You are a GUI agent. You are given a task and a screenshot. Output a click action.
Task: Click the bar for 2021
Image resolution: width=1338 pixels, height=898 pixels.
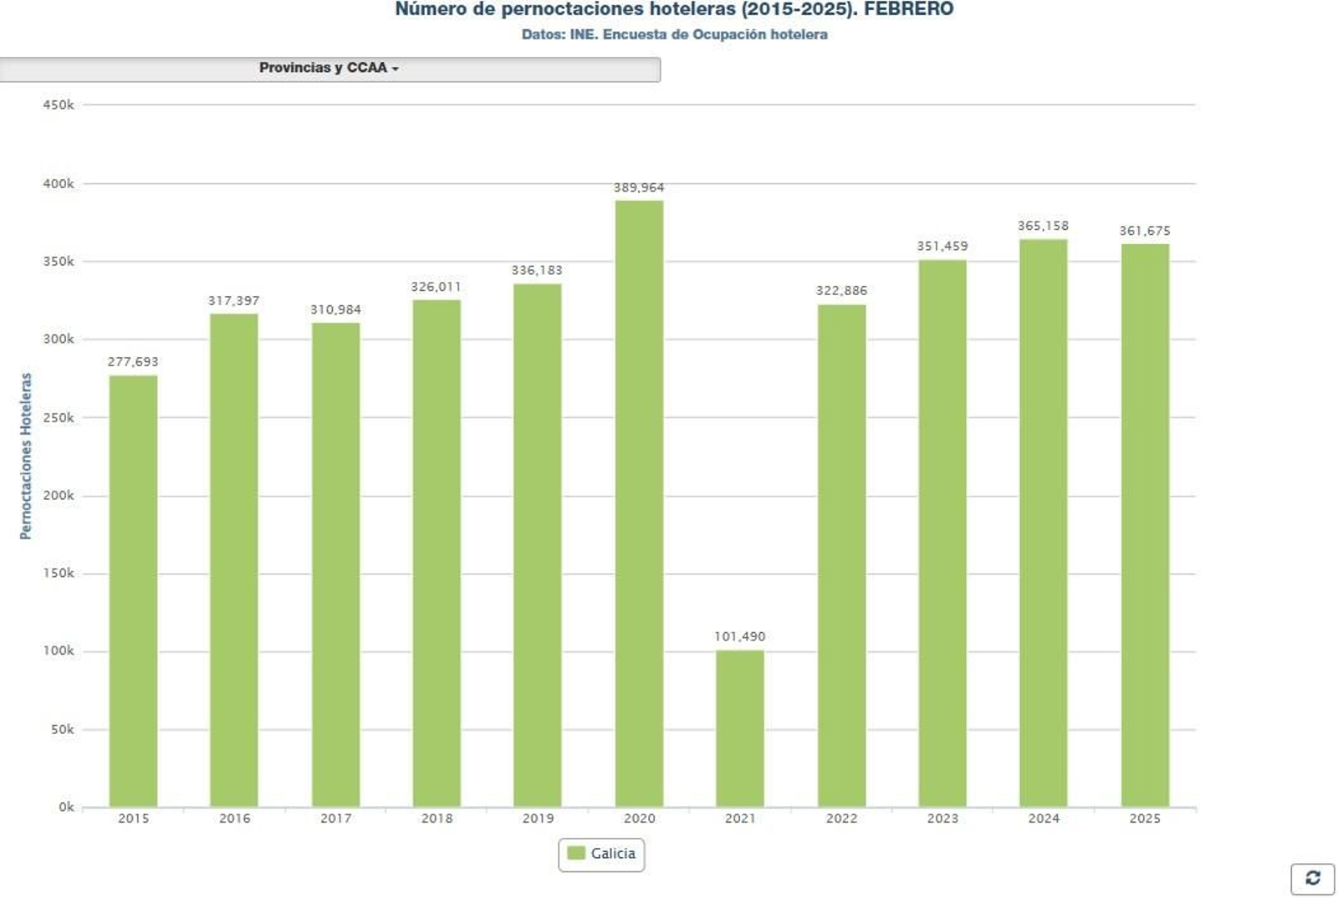point(739,728)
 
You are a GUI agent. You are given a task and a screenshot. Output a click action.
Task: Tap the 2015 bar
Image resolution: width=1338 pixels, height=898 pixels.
point(133,591)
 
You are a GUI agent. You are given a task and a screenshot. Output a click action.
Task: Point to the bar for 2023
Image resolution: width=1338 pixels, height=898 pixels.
point(942,533)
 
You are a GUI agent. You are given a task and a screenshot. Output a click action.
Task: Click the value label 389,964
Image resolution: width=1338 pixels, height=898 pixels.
point(639,188)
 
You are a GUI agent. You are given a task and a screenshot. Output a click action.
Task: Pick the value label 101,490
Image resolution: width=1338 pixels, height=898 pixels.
point(739,637)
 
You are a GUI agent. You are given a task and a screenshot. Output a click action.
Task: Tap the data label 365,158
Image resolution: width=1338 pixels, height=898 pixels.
point(1043,226)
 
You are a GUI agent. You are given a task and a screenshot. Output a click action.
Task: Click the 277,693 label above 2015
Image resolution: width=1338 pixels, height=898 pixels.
point(133,362)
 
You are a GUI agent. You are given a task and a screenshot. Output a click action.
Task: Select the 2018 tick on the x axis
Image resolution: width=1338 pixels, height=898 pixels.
point(437,819)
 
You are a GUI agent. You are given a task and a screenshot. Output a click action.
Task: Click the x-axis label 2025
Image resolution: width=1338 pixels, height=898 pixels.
point(1145,819)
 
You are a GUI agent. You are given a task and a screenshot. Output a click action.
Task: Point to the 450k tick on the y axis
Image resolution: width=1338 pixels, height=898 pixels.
point(59,105)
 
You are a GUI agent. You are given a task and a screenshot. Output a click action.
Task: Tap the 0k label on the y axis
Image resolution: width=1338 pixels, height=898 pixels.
point(66,808)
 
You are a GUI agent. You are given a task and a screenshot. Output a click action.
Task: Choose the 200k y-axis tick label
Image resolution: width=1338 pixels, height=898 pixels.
point(59,496)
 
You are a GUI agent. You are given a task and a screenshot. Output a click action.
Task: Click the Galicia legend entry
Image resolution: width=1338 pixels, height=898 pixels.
point(602,854)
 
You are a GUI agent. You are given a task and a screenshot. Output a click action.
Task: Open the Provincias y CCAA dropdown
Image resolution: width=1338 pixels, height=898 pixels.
point(329,69)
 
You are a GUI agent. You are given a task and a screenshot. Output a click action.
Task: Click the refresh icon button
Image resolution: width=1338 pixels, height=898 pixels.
point(1312,878)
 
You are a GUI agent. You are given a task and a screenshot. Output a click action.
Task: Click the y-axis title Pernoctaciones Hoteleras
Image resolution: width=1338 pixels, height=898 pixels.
point(26,457)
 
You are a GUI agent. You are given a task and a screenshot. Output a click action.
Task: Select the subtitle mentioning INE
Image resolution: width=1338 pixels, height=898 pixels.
point(674,35)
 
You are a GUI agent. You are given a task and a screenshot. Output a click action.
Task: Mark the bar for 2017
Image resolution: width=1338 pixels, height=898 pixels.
point(335,564)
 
